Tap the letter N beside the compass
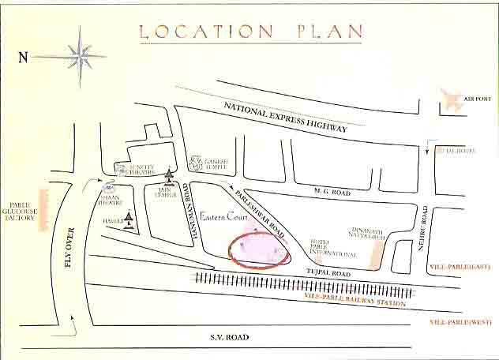click(x=23, y=57)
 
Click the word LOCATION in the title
click(x=204, y=32)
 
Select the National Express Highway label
click(x=285, y=116)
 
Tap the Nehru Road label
click(x=424, y=229)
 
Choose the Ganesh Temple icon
click(x=195, y=164)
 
